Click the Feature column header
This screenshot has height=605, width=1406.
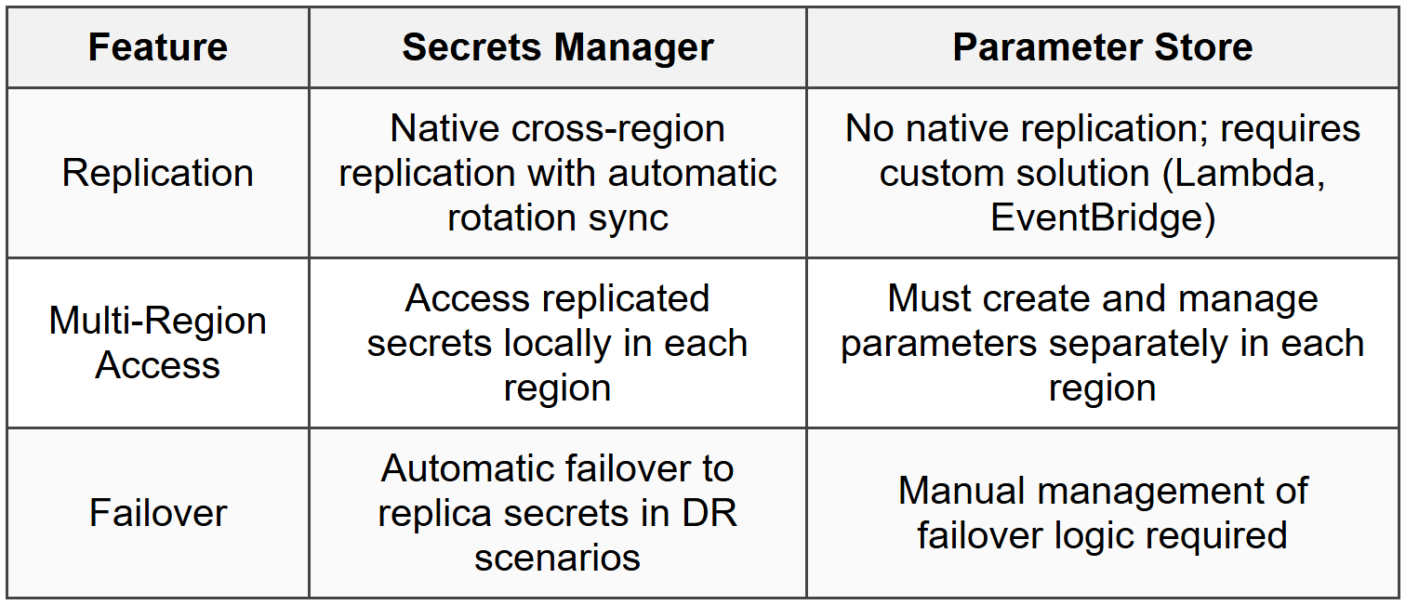coord(158,47)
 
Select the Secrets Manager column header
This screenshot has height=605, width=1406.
coord(558,47)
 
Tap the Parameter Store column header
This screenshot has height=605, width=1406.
coord(1103,47)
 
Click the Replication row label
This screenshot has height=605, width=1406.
coord(158,174)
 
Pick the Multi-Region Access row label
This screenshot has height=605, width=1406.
coord(158,343)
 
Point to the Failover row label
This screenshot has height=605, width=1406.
coord(158,513)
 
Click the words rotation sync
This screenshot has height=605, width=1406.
coord(558,218)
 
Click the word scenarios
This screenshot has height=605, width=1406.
coord(558,558)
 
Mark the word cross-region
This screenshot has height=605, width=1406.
coord(617,128)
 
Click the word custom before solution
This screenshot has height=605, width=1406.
coord(935,174)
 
